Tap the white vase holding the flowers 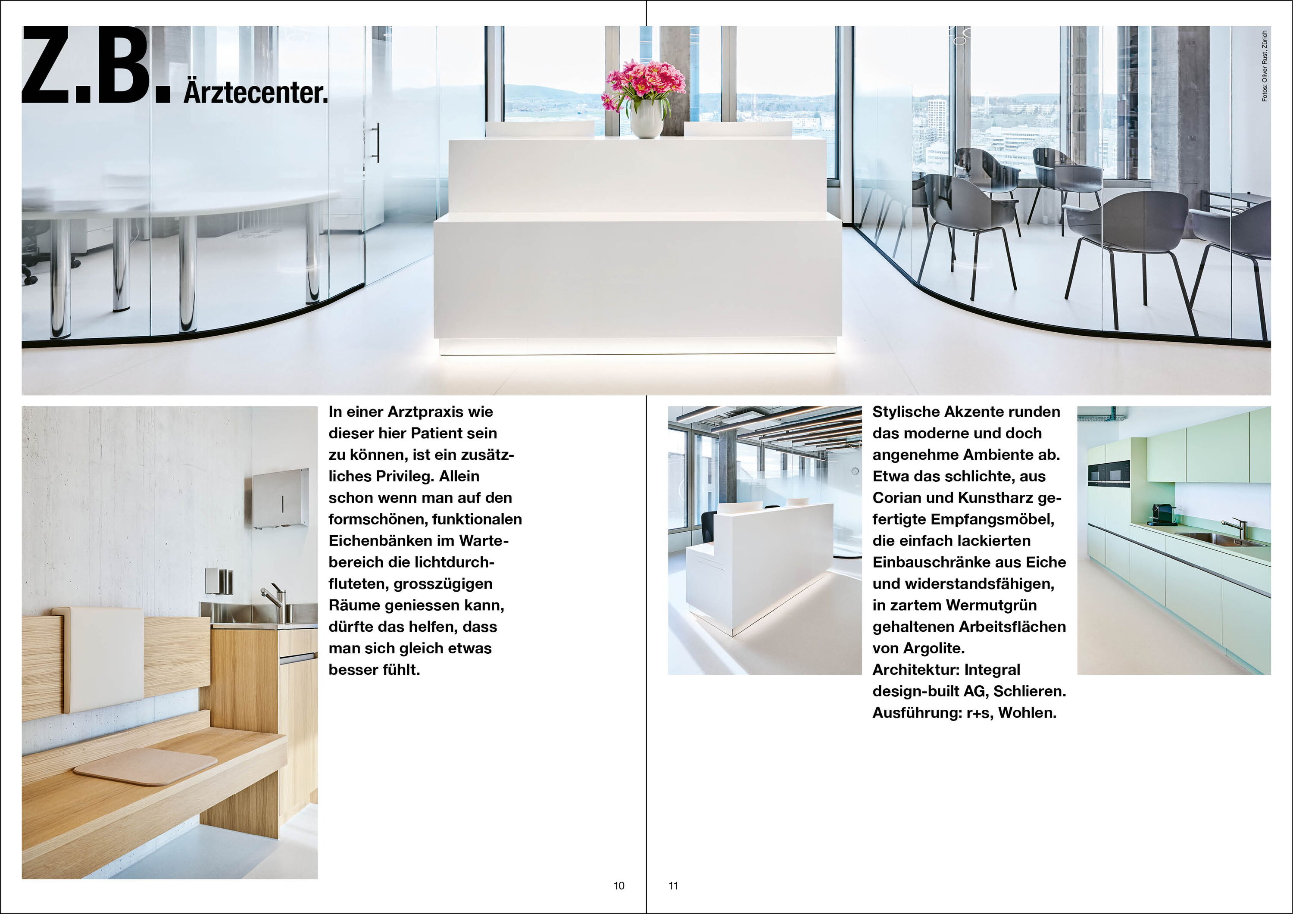coord(646,119)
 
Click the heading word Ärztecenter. coord(255,92)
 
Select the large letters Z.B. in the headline coord(96,66)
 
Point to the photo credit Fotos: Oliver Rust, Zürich coord(1264,66)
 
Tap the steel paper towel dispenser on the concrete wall coord(280,499)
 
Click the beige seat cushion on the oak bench coord(145,766)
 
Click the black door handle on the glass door coord(377,143)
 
